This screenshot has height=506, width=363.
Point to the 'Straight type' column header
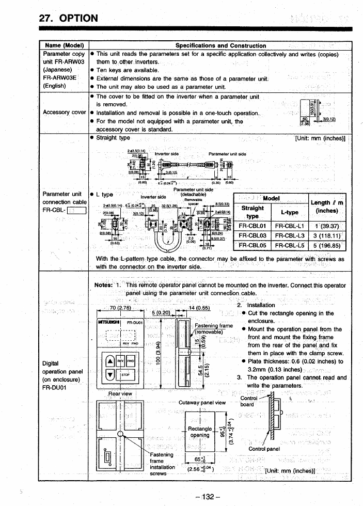(252, 212)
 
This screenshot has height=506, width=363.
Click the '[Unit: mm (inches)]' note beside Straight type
(320, 138)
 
